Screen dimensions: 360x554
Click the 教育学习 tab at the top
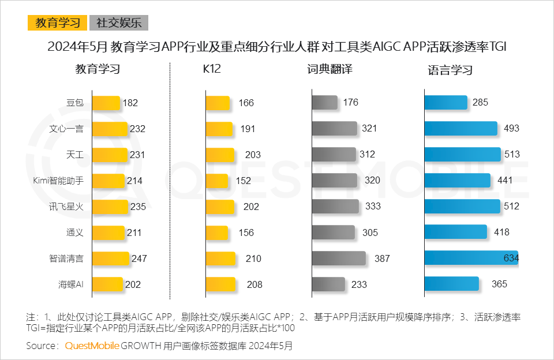click(58, 23)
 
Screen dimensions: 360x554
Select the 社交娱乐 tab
click(118, 23)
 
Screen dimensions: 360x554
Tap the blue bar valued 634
click(471, 258)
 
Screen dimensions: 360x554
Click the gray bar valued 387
click(339, 258)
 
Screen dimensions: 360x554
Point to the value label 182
click(130, 103)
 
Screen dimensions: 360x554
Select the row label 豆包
click(75, 103)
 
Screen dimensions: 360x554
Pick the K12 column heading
click(212, 70)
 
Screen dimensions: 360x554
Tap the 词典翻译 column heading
click(330, 70)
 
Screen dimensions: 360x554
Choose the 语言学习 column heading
click(450, 70)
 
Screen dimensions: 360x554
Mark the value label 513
click(512, 155)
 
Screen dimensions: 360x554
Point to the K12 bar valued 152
click(219, 181)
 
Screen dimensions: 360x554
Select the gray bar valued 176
click(324, 103)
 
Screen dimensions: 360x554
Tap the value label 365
click(499, 284)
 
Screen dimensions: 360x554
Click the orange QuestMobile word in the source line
click(92, 346)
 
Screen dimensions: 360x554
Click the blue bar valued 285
click(446, 103)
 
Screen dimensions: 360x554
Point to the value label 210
click(253, 258)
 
